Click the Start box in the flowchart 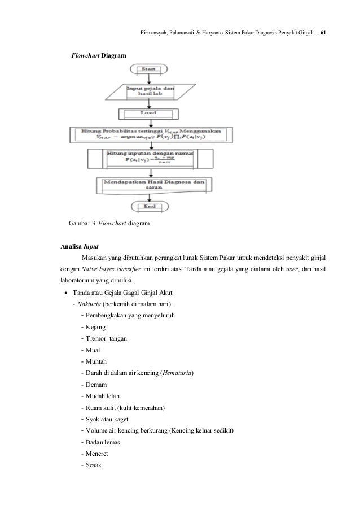149,69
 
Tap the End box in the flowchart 149,206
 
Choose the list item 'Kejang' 96,327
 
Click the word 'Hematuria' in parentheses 177,373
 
